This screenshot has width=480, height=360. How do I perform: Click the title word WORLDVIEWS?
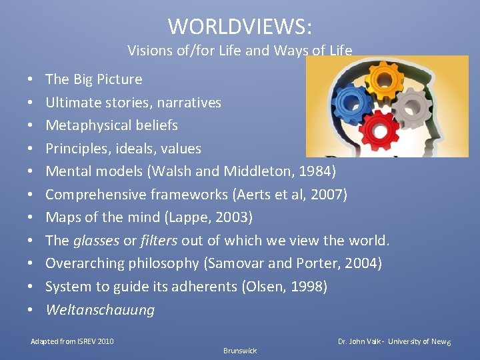[x=240, y=27]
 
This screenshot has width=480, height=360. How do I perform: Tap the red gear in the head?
[x=380, y=129]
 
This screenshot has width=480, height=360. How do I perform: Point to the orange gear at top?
[x=384, y=81]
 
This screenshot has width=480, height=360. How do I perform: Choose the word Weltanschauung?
[x=100, y=310]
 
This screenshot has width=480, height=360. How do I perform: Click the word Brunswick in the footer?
[x=240, y=351]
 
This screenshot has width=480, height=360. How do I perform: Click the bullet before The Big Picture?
[x=32, y=79]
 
